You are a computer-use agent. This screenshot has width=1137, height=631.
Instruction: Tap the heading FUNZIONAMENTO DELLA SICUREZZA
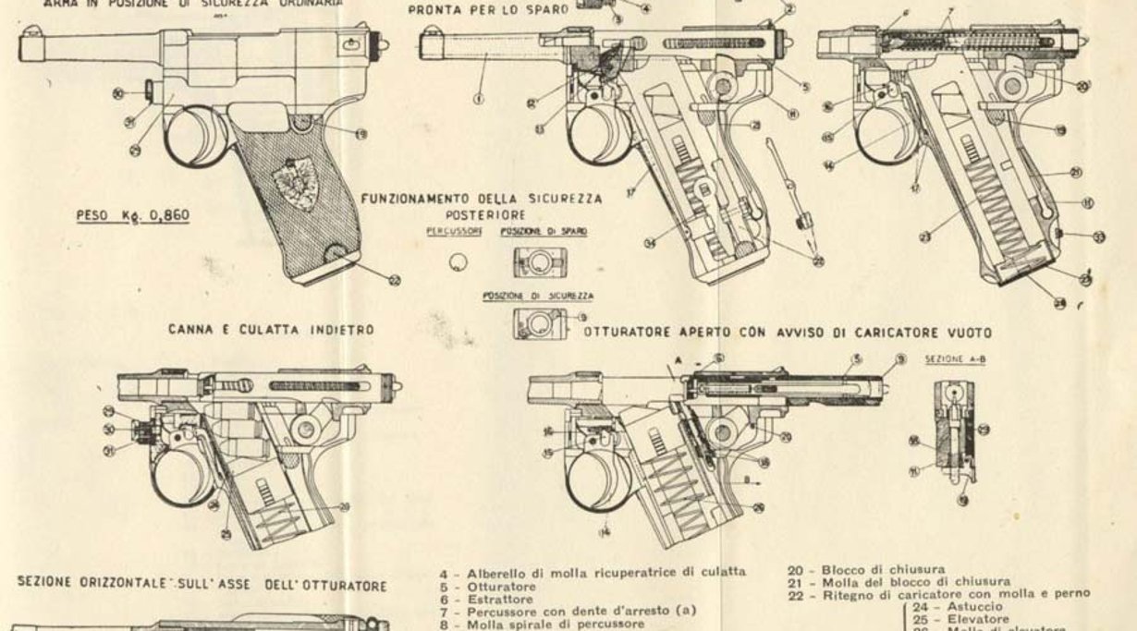click(483, 199)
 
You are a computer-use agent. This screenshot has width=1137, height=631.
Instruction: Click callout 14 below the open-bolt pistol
click(604, 532)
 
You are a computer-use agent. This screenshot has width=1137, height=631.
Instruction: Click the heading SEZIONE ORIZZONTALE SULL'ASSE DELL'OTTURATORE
click(201, 585)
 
